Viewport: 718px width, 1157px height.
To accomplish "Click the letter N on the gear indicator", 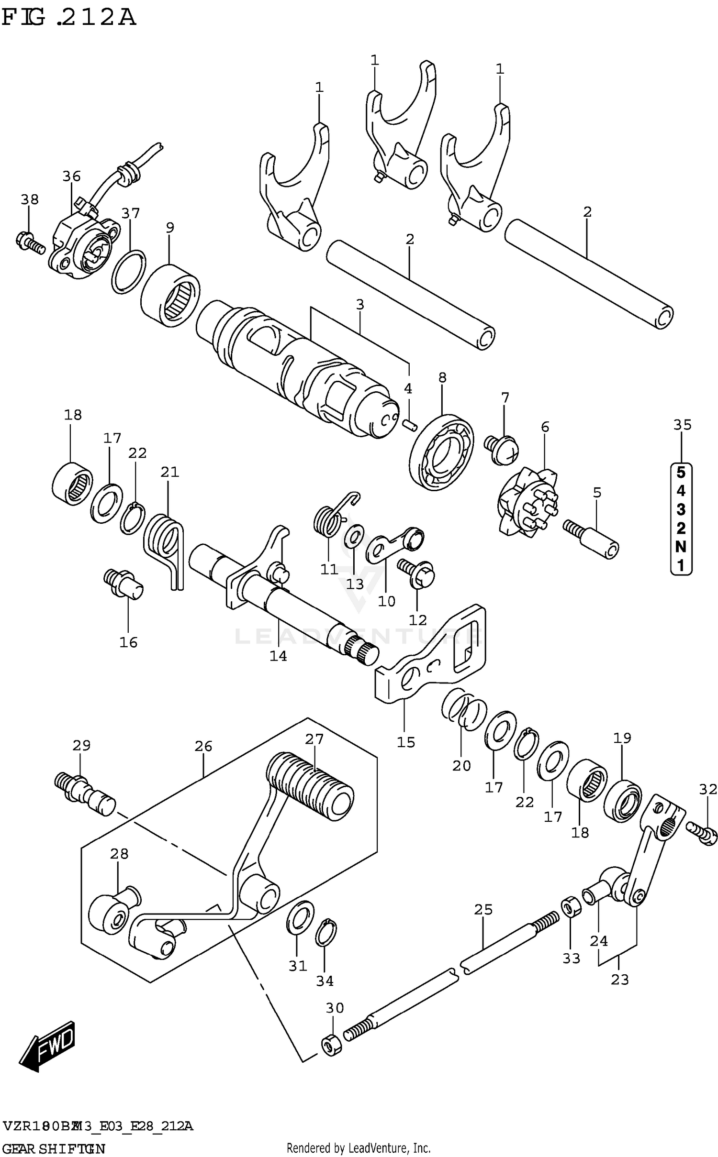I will (681, 546).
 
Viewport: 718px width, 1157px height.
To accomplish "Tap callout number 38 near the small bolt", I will (29, 199).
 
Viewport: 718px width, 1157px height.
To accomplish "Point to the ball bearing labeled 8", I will (441, 452).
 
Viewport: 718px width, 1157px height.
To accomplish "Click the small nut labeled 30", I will (332, 1045).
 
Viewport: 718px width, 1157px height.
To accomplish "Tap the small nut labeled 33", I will (571, 905).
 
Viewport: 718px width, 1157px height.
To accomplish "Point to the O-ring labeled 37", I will (129, 271).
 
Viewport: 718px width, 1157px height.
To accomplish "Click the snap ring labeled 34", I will (325, 932).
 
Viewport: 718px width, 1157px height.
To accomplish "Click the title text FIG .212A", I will (69, 18).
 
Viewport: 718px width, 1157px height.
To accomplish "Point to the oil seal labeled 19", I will (622, 800).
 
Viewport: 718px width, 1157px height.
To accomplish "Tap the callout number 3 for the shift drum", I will (360, 304).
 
